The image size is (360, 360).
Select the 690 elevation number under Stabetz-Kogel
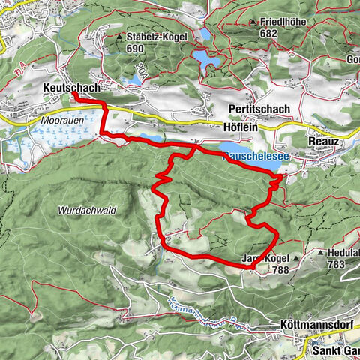coord(135,48)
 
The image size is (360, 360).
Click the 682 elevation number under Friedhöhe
coord(269,34)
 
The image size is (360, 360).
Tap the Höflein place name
coord(242,127)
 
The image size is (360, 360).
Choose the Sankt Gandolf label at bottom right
coord(334,349)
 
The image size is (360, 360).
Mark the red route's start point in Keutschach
coord(76,95)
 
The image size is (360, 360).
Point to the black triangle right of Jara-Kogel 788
coord(296,259)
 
